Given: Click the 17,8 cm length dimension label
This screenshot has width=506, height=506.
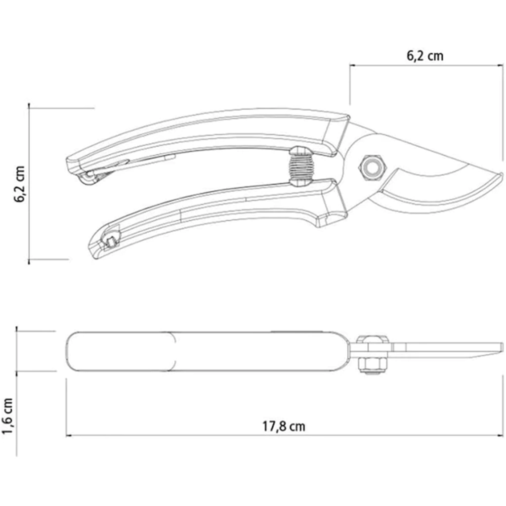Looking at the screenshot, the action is coord(283,426).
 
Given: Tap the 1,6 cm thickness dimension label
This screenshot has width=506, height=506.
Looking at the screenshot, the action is coord(8,416).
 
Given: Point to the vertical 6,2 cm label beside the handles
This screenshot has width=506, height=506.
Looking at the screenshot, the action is coord(19,184).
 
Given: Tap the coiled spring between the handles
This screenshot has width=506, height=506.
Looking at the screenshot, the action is coord(301,167).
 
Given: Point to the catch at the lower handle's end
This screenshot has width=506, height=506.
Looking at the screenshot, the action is coord(110,239).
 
